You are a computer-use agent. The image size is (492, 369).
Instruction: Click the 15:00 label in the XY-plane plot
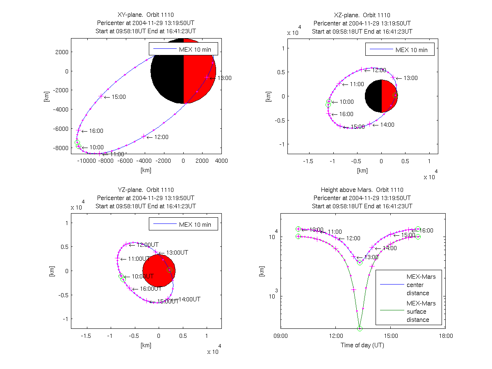119,97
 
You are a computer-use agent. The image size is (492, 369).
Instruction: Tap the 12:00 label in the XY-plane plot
162,137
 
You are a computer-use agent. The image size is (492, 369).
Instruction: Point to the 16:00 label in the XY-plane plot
96,131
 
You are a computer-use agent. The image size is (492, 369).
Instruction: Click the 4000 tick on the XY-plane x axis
221,161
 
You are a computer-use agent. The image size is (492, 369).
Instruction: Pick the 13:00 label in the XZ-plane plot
410,78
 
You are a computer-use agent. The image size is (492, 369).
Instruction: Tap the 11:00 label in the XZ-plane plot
357,84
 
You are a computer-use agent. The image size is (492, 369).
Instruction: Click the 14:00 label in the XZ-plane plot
387,125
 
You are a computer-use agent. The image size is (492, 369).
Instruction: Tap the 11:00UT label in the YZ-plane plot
137,259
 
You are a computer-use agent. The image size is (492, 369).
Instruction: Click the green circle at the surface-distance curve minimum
360,328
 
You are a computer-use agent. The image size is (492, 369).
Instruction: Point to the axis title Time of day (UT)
362,345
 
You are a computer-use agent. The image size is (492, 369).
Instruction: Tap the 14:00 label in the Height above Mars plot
389,248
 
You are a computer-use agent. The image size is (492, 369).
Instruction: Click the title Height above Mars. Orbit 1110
362,190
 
